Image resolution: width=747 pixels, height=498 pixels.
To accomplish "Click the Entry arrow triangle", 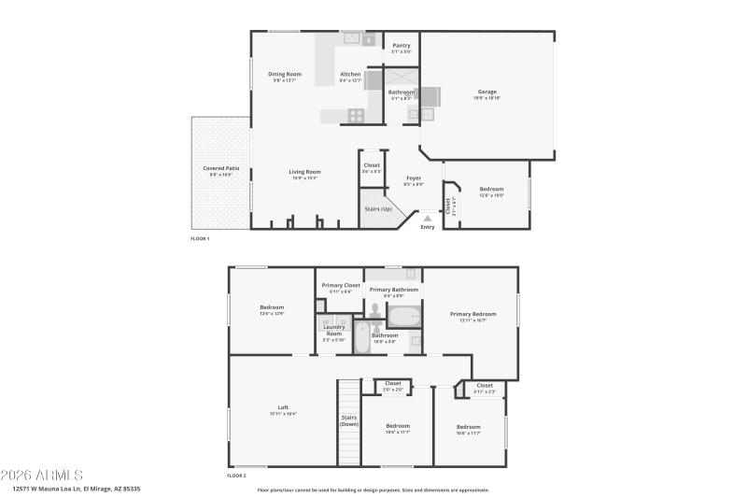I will [x=428, y=218].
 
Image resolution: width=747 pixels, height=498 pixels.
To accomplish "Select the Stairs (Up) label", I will [x=378, y=208].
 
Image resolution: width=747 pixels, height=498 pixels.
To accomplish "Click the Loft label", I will [x=282, y=409].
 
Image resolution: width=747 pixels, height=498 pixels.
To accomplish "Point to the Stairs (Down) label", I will [x=348, y=420].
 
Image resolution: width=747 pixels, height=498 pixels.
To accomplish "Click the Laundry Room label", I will [x=333, y=333].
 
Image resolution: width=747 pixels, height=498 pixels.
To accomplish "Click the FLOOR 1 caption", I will [x=200, y=239].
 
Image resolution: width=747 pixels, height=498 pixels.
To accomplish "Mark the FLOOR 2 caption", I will [x=237, y=476].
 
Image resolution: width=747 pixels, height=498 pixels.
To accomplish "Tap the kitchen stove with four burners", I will [x=356, y=116].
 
